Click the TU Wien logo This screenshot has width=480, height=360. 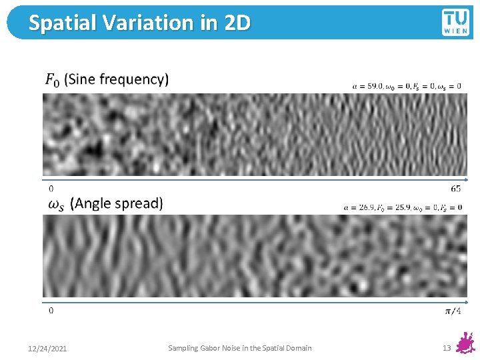click(455, 22)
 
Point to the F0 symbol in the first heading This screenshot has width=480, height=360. click(52, 80)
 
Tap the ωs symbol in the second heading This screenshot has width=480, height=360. click(57, 204)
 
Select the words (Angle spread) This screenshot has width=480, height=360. click(117, 203)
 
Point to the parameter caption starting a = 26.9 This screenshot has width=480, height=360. click(403, 207)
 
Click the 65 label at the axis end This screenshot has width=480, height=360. click(455, 189)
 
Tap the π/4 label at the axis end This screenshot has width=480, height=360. click(453, 311)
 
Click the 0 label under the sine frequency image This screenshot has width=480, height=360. click(51, 189)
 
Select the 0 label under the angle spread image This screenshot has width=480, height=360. click(51, 310)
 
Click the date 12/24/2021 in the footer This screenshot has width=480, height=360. click(47, 349)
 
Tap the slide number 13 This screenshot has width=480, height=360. click(447, 348)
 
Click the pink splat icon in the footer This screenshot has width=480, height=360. click(466, 344)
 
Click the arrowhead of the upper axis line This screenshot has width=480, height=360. click(466, 180)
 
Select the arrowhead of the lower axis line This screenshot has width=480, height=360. click(466, 302)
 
